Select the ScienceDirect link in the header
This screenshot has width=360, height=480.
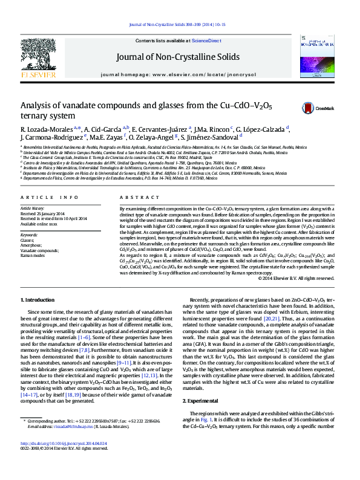point(206,41)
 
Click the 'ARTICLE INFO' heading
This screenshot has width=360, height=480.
point(49,198)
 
